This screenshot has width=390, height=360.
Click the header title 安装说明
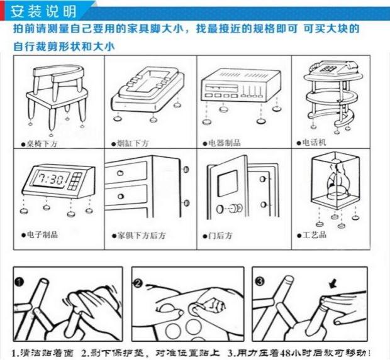43,12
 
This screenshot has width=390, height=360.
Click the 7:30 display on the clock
50,178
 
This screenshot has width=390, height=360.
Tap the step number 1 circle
19,281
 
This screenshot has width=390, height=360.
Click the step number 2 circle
138,283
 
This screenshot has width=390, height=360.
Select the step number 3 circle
260,281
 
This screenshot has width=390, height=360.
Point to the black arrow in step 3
333,284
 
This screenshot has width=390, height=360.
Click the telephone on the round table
334,67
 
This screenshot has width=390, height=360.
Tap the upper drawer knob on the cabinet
120,173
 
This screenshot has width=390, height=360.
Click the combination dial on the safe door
235,208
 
